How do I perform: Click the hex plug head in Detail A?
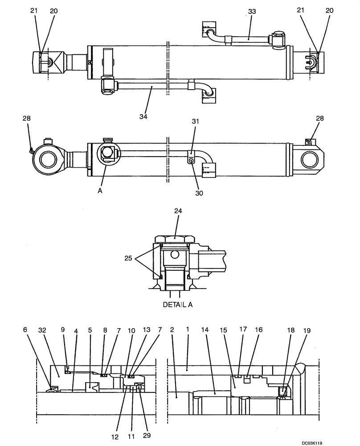[x=175, y=237]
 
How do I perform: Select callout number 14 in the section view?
[x=205, y=331]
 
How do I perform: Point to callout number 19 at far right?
[x=307, y=331]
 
